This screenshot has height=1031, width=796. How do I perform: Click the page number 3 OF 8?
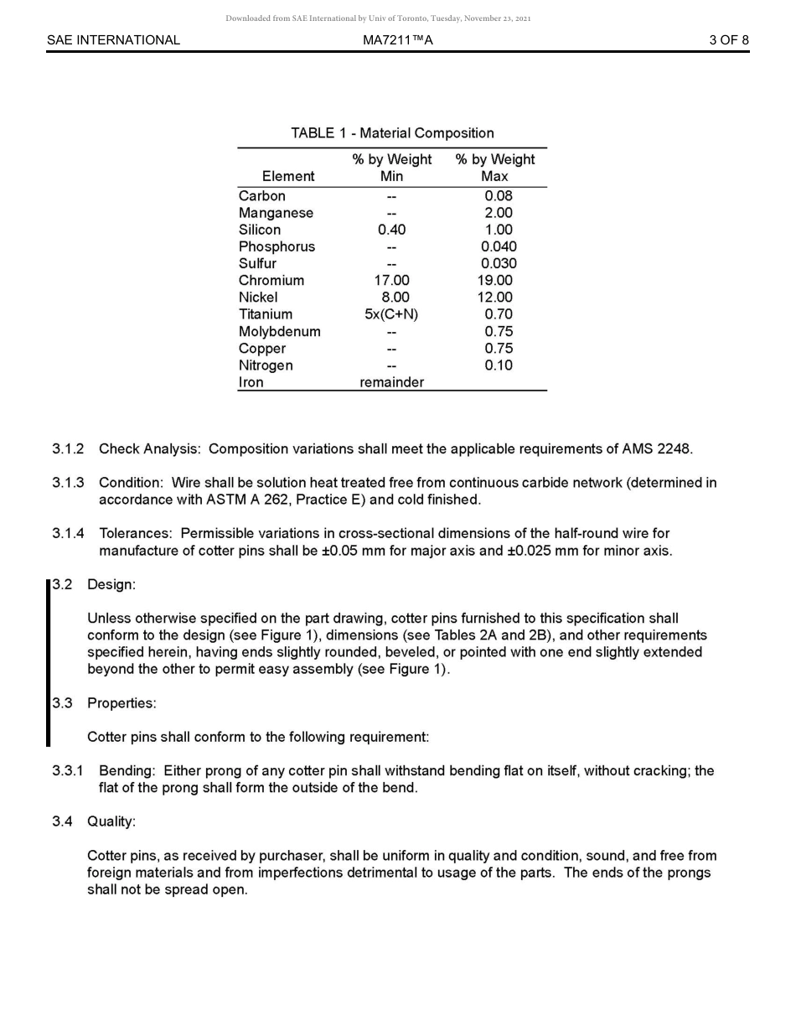click(728, 40)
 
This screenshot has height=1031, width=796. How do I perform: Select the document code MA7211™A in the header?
click(398, 40)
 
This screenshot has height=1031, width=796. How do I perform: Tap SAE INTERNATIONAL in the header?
click(113, 40)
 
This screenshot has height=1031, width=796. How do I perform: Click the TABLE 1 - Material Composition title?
click(392, 133)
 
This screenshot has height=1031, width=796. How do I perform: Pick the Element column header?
click(288, 176)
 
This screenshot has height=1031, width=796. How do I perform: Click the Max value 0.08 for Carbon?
click(498, 196)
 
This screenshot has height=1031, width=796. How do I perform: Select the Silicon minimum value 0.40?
click(391, 230)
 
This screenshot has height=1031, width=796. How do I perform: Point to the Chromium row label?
click(271, 281)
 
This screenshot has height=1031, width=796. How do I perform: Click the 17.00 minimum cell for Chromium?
click(391, 281)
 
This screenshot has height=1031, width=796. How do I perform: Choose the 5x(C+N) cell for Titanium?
click(391, 314)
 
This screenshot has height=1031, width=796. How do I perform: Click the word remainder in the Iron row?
click(391, 382)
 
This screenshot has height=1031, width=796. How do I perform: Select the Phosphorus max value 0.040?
click(499, 246)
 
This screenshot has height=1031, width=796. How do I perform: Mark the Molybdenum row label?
click(279, 332)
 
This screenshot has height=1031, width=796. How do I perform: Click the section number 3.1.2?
click(68, 449)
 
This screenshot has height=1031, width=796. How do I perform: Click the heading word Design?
click(111, 584)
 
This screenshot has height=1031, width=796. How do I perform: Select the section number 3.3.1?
click(68, 771)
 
